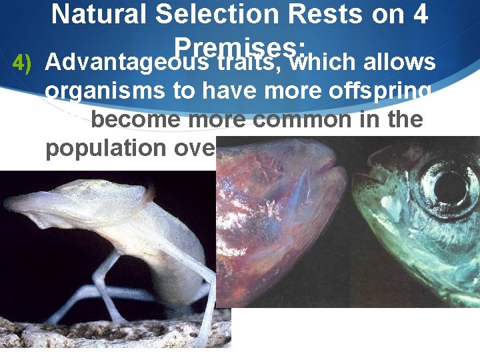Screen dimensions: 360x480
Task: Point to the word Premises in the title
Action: [x=239, y=45]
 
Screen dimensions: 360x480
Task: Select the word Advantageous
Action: [x=125, y=63]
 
